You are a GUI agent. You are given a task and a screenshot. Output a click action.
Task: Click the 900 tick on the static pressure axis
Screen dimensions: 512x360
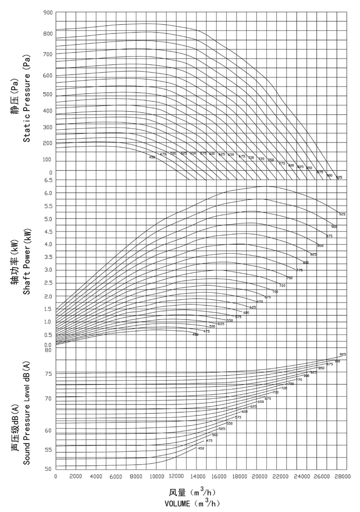(47, 12)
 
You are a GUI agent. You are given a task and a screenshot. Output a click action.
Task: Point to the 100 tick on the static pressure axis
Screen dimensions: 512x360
(47, 160)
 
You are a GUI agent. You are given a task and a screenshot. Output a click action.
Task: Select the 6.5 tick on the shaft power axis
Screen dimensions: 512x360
(47, 180)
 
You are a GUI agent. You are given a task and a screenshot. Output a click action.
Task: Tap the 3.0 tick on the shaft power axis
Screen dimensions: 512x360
(47, 270)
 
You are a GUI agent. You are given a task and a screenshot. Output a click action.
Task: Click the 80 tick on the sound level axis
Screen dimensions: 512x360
(48, 350)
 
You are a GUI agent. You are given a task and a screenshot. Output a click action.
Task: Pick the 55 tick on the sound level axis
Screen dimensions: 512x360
(48, 450)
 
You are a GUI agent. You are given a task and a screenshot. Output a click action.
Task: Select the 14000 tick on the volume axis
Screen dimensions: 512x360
(197, 476)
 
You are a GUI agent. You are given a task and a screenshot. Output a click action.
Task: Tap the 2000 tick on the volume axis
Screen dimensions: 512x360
(76, 476)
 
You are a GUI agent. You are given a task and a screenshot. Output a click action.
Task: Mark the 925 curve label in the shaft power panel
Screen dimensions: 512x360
(342, 214)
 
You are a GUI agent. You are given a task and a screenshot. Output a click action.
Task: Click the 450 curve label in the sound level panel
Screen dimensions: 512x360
(201, 448)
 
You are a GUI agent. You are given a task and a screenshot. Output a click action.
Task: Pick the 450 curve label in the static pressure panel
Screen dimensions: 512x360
(152, 156)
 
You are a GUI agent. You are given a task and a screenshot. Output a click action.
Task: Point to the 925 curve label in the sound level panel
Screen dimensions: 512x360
(343, 355)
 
